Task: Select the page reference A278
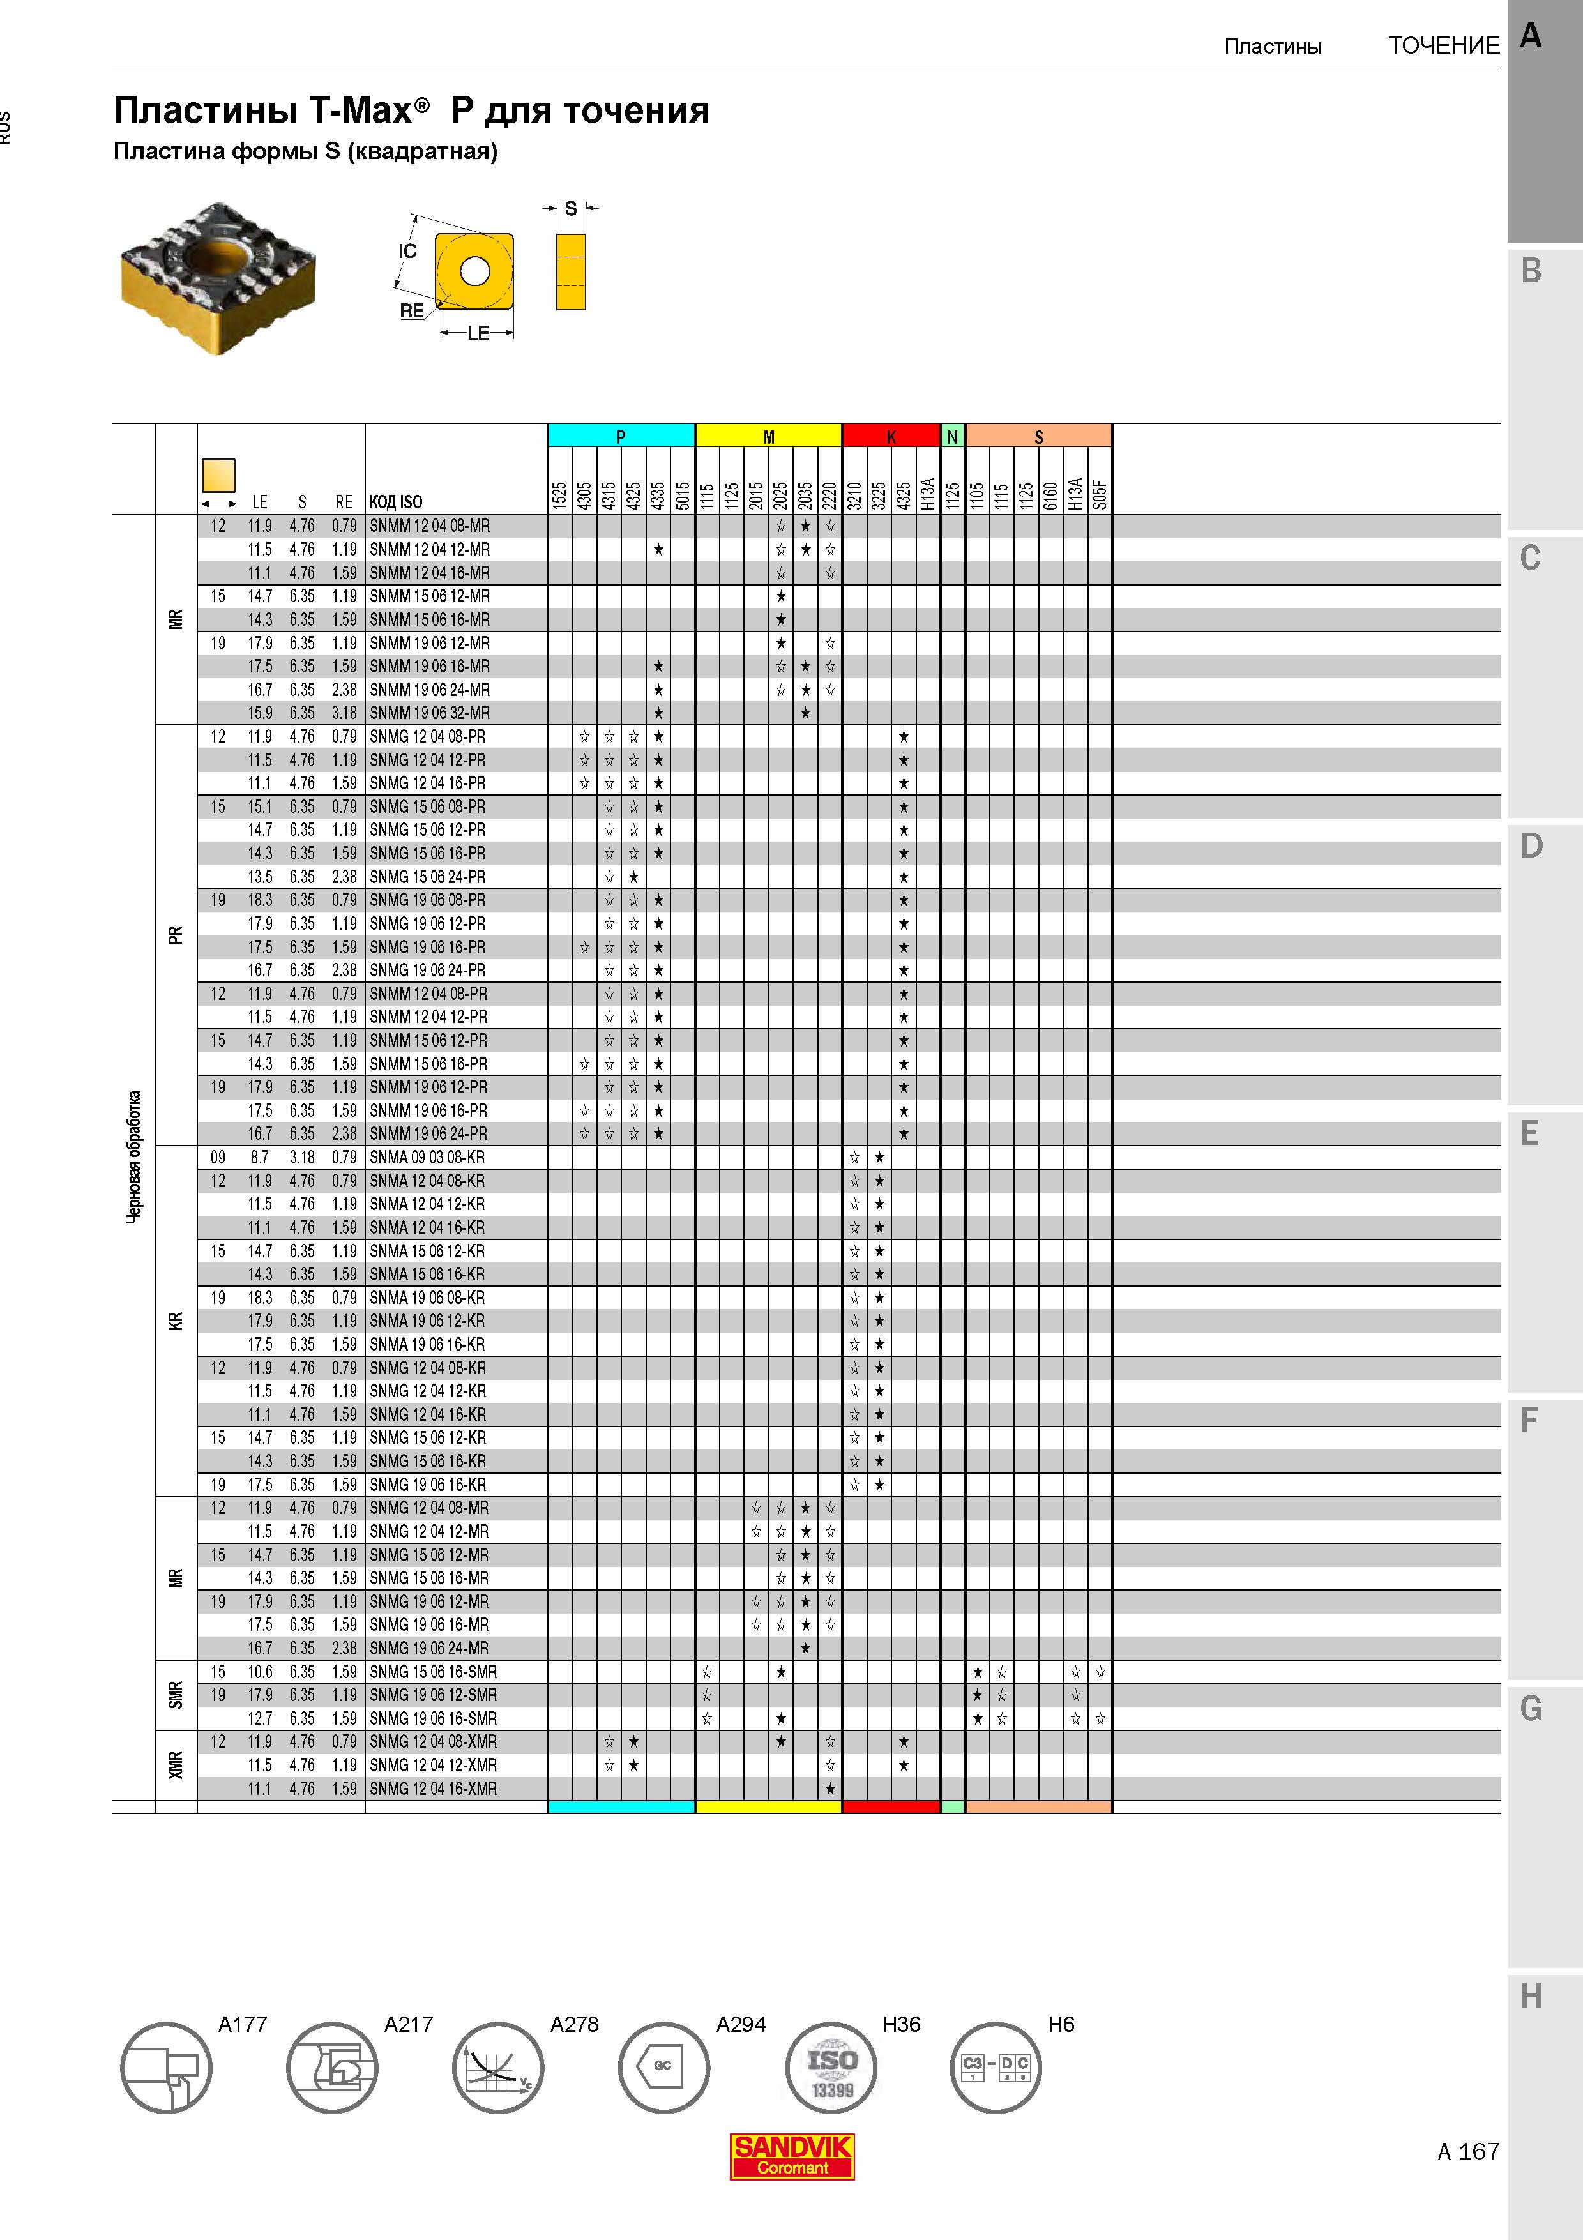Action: [x=575, y=2024]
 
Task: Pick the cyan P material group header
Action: [x=621, y=436]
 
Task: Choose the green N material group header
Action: [x=953, y=436]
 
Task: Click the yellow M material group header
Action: [x=769, y=436]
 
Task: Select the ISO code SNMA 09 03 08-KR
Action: [x=427, y=1157]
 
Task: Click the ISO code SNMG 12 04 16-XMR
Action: [x=433, y=1789]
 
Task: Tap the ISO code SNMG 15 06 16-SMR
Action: [x=433, y=1671]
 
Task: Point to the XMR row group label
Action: [x=176, y=1765]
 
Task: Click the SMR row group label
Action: [x=176, y=1695]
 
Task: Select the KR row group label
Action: [x=176, y=1321]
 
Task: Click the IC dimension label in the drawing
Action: [x=407, y=251]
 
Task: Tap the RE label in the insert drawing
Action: [x=412, y=310]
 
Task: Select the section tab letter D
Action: [x=1531, y=845]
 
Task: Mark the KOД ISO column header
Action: [x=395, y=501]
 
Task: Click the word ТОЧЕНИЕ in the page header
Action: [x=1444, y=46]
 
